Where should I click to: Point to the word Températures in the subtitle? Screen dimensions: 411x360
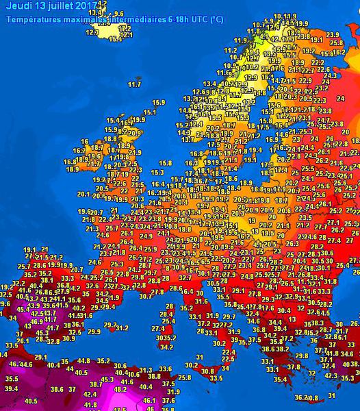(x=31, y=19)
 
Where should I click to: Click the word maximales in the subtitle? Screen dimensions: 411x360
(x=81, y=19)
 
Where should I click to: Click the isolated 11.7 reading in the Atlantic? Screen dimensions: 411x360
(x=135, y=85)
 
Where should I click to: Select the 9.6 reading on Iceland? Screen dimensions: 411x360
(x=118, y=14)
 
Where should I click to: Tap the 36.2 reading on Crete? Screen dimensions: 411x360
(x=301, y=397)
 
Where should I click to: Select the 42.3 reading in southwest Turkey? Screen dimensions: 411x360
(x=329, y=375)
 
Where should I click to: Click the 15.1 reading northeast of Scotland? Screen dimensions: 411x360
(x=149, y=112)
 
